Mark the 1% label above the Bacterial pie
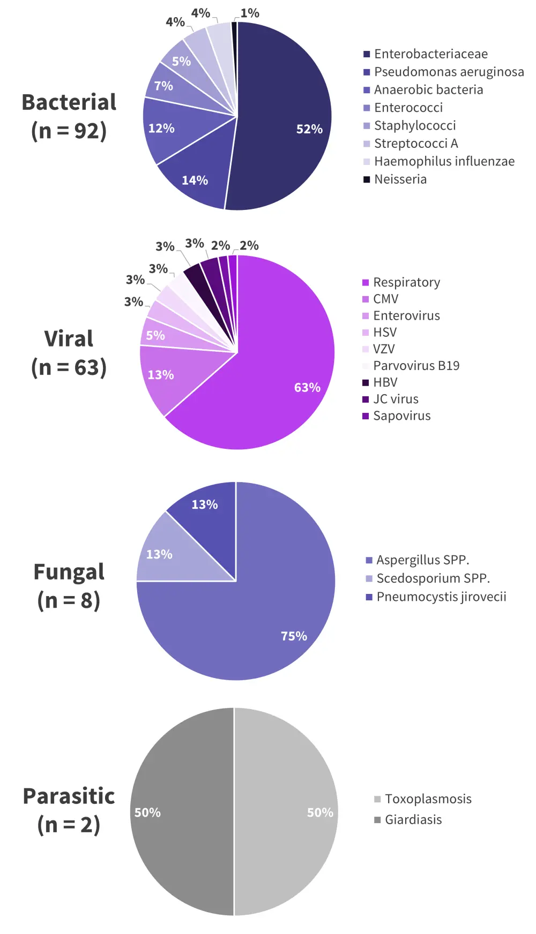pos(250,13)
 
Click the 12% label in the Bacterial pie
pos(161,129)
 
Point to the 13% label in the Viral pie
pos(161,375)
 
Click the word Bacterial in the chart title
pos(69,102)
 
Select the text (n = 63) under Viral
pos(69,367)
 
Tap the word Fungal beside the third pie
pos(69,572)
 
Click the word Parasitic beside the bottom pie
pos(69,796)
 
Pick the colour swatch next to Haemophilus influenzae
pos(367,162)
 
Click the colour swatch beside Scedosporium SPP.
pos(369,578)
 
